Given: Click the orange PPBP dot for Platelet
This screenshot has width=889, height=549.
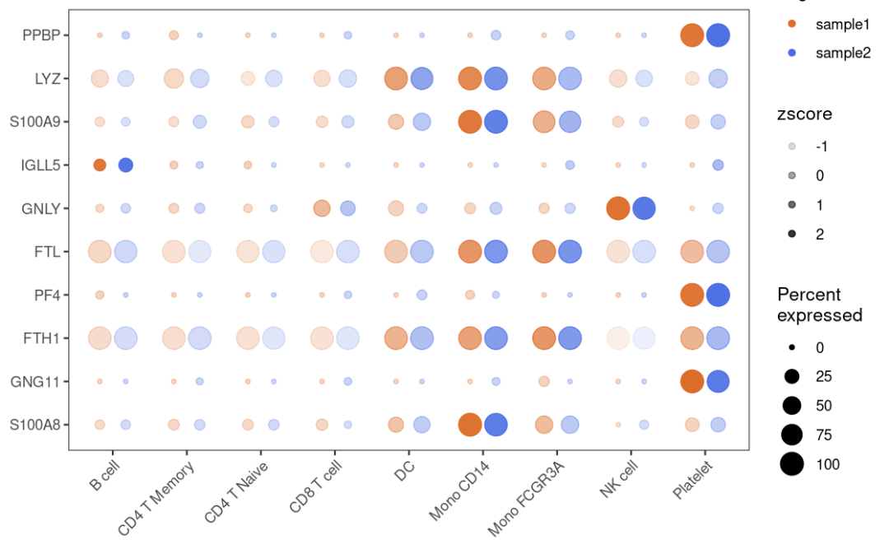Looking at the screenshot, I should coord(691,35).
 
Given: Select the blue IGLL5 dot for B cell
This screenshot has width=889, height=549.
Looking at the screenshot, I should coord(126,165).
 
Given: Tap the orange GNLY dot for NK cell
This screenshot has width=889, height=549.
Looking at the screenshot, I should coord(617,208).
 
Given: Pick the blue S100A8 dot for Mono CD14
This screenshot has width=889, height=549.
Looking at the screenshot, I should coord(496,425).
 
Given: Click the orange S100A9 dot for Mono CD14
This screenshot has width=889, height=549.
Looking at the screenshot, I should coord(469,122).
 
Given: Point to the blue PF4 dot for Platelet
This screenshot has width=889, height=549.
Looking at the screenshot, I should coord(718,295).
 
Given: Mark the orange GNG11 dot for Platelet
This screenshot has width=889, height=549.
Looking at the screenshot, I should coord(691,382).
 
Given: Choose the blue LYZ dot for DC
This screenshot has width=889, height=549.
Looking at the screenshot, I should coord(421,78).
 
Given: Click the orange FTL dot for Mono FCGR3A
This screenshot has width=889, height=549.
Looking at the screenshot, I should coord(543,252).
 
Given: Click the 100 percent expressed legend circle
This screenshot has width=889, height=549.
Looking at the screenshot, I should coord(792,464).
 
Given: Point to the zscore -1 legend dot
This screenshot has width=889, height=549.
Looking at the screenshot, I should coord(792,146).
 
